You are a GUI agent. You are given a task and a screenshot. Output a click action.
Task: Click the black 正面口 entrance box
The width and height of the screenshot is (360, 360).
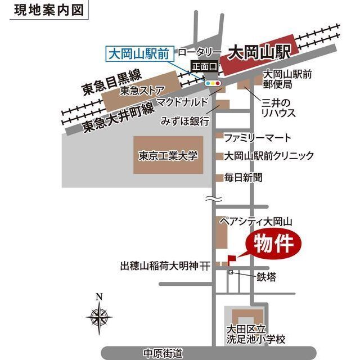pyautogui.click(x=204, y=66)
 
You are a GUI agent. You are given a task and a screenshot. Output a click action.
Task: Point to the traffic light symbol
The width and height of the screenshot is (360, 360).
pyautogui.click(x=213, y=83)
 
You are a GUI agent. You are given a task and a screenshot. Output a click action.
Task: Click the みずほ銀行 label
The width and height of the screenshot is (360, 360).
pyautogui.click(x=185, y=121)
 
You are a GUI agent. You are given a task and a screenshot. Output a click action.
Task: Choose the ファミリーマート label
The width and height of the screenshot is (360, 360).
pyautogui.click(x=258, y=138)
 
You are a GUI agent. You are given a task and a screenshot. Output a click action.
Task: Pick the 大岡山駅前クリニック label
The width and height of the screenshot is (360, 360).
pyautogui.click(x=269, y=156)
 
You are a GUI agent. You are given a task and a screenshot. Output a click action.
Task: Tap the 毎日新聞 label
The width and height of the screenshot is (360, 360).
pyautogui.click(x=244, y=177)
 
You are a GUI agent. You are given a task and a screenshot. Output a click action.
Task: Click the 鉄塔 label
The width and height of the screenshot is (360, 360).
pyautogui.click(x=267, y=277)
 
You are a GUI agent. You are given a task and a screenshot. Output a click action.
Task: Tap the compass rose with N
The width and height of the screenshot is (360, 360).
pyautogui.click(x=99, y=314)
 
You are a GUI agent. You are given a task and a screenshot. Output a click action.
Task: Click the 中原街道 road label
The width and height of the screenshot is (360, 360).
pyautogui.click(x=163, y=353)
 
